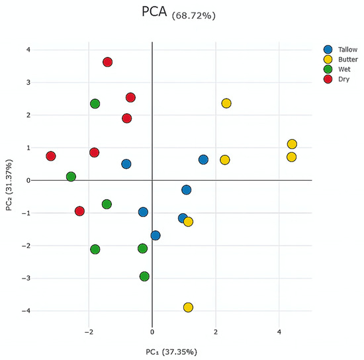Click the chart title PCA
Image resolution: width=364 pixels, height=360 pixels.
tap(154, 11)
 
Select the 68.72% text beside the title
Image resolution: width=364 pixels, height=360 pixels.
tap(194, 15)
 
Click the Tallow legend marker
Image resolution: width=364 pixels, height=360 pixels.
tap(328, 50)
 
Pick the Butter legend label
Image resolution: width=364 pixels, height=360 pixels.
tap(348, 60)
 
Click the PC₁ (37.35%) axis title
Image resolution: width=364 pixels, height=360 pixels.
tap(171, 352)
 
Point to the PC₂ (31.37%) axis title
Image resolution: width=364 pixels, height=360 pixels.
tap(9, 185)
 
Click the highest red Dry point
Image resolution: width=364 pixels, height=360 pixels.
tap(107, 62)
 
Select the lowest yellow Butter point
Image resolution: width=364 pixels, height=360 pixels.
tap(188, 307)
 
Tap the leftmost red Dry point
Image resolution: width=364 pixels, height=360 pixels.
tap(51, 156)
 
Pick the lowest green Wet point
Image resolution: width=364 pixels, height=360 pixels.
tap(144, 277)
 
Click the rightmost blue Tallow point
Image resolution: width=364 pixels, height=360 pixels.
tap(203, 159)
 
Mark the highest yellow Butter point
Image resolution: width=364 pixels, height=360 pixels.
tap(226, 103)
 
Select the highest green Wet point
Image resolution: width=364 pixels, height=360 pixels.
tap(95, 103)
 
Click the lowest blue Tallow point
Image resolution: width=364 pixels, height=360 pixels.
tap(156, 236)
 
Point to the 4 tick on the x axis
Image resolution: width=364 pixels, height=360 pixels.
tap(279, 332)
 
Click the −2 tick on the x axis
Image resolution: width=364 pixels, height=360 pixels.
tap(89, 332)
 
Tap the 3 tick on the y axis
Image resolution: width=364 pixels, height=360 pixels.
tap(28, 83)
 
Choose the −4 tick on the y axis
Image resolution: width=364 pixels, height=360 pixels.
tap(26, 310)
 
